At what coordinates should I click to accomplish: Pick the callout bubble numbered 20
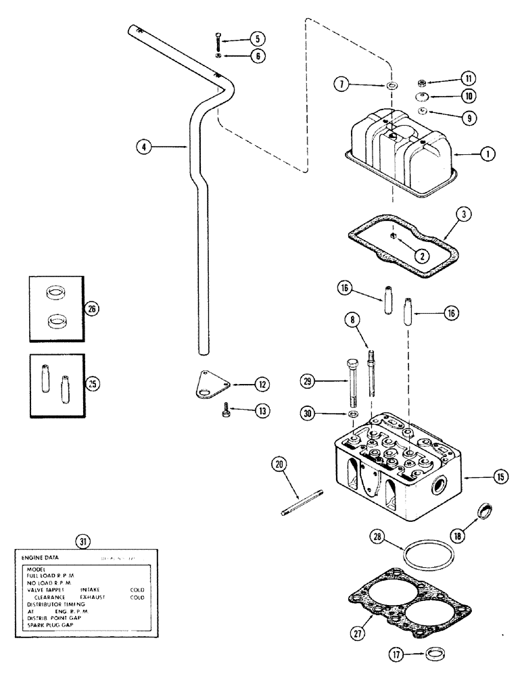pyautogui.click(x=279, y=464)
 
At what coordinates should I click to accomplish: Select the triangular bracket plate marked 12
pyautogui.click(x=208, y=386)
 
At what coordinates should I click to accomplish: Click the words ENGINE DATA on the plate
pyautogui.click(x=42, y=558)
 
